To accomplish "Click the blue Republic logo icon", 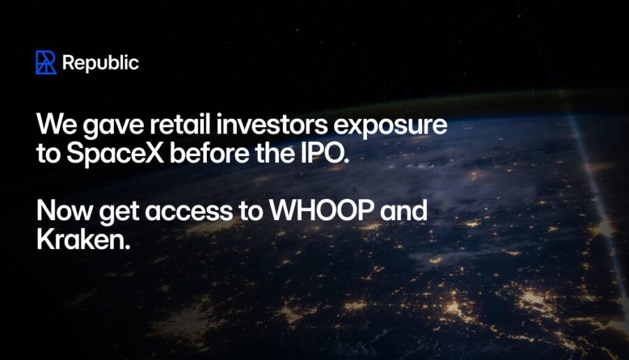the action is tap(45, 62).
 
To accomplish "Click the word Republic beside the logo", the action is tap(101, 63).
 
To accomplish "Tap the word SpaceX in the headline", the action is tap(115, 153).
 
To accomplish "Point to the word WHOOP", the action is tap(322, 210).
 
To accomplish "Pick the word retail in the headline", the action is tap(180, 124).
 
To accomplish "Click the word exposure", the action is tap(390, 126).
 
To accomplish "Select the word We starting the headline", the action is tap(57, 124).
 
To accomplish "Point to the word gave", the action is tap(113, 126).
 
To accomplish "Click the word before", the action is tap(209, 152).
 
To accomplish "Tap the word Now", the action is tap(64, 210).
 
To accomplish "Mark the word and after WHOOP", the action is tap(403, 210).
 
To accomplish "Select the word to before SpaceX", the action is tap(48, 154).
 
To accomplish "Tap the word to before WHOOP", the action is tap(251, 212).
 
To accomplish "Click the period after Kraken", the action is tap(128, 247).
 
